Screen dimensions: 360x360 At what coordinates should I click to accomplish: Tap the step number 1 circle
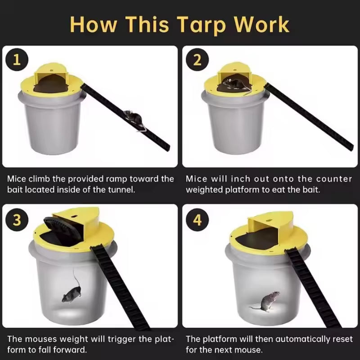coord(17,60)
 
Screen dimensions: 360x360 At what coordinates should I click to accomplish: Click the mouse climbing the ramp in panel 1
coord(134,118)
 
